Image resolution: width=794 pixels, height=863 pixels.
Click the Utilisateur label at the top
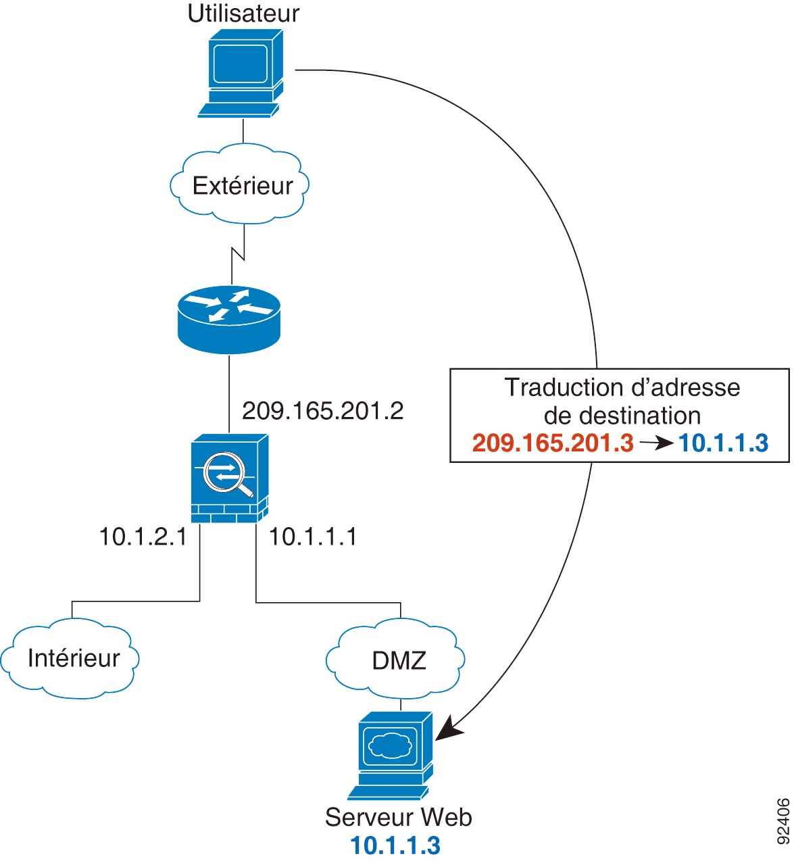pyautogui.click(x=243, y=14)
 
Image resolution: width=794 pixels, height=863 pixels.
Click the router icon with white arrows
pyautogui.click(x=228, y=318)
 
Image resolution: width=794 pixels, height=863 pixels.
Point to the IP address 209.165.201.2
pyautogui.click(x=322, y=410)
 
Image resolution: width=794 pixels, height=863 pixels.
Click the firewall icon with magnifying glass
pyautogui.click(x=229, y=478)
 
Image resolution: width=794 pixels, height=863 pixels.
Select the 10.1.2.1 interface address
pyautogui.click(x=143, y=537)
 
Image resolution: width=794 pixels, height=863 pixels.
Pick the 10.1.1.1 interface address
pyautogui.click(x=313, y=537)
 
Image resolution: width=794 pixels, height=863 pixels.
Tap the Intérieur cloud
pyautogui.click(x=73, y=658)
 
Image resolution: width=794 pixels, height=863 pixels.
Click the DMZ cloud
pyautogui.click(x=399, y=660)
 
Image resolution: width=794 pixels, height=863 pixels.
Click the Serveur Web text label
pyautogui.click(x=398, y=817)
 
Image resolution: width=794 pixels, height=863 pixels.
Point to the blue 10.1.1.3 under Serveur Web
pyautogui.click(x=395, y=845)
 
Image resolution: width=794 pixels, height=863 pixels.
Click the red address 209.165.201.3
pyautogui.click(x=553, y=443)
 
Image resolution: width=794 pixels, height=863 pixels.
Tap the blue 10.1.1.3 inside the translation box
pyautogui.click(x=723, y=443)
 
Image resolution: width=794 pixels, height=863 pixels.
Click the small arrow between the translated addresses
pyautogui.click(x=656, y=443)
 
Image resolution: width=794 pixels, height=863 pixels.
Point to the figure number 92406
pyautogui.click(x=783, y=821)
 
